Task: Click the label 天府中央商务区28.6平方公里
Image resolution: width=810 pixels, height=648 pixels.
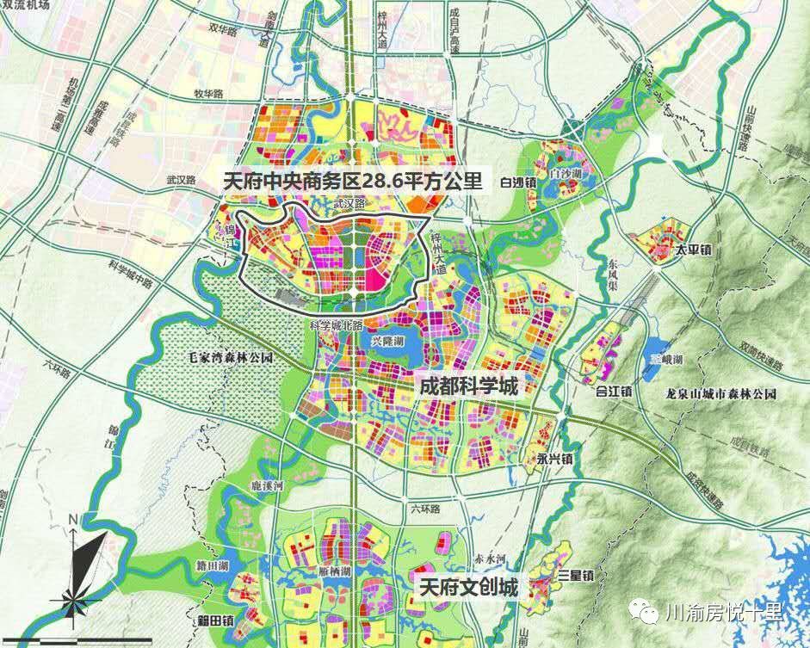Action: tap(352, 182)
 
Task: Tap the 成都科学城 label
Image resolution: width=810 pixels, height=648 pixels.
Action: tap(468, 386)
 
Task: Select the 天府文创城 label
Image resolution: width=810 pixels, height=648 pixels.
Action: tap(468, 589)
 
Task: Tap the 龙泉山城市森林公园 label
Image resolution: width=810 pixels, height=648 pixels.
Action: tap(721, 394)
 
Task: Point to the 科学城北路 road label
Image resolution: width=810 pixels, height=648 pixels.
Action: tap(337, 326)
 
